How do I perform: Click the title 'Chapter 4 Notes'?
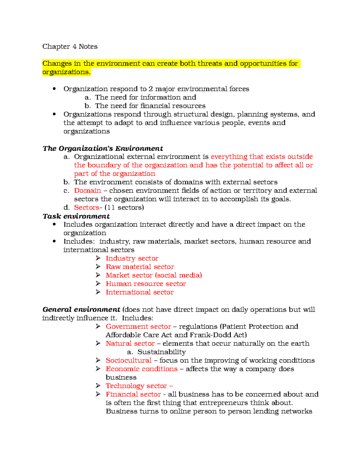(x=70, y=47)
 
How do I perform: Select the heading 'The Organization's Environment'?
(x=103, y=148)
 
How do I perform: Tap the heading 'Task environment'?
(x=76, y=216)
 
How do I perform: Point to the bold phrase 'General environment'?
(x=81, y=309)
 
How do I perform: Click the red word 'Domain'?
(x=87, y=191)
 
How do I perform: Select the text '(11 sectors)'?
(x=124, y=207)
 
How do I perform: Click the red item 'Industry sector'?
(x=132, y=258)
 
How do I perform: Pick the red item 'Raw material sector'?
(x=140, y=267)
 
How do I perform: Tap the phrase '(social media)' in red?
(x=178, y=275)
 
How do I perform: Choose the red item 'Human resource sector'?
(x=146, y=284)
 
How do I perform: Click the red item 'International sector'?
(x=139, y=292)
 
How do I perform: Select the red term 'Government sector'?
(x=138, y=326)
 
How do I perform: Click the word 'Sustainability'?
(x=161, y=352)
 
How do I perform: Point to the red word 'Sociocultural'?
(x=128, y=360)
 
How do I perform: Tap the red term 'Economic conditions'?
(x=142, y=369)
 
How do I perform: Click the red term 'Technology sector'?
(x=136, y=386)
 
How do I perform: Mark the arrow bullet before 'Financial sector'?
(x=98, y=394)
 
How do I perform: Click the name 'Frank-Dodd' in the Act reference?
(x=207, y=335)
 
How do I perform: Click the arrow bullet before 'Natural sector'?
(x=98, y=343)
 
